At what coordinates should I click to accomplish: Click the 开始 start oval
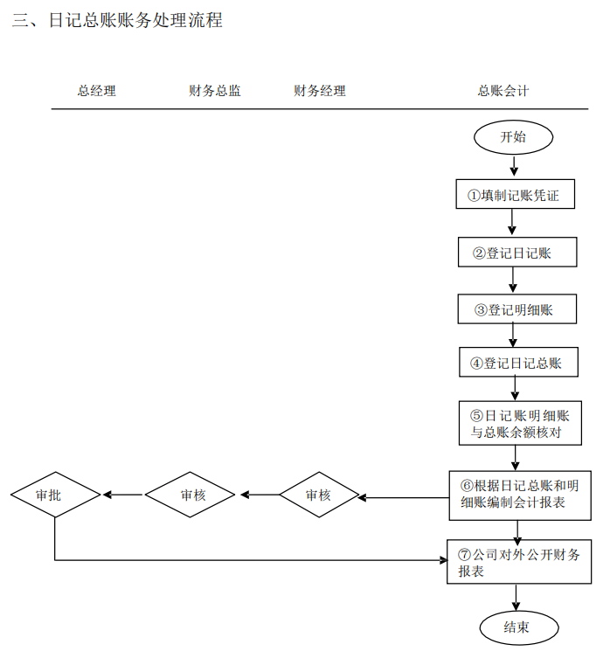click(x=513, y=137)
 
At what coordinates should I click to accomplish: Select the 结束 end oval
click(x=517, y=627)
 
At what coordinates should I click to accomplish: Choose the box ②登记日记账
click(x=517, y=253)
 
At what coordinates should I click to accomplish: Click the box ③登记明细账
click(x=517, y=309)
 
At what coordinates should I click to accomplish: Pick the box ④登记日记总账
click(x=519, y=363)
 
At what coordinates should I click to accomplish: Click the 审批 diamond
click(x=55, y=495)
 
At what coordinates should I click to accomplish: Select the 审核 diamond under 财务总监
click(x=191, y=495)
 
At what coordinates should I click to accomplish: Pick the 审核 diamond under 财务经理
click(x=319, y=495)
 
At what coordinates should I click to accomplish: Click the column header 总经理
click(x=96, y=90)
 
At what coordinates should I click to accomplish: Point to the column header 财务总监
click(x=215, y=90)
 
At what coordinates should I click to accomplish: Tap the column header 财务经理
click(x=319, y=90)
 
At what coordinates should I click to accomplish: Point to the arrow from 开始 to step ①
click(x=513, y=165)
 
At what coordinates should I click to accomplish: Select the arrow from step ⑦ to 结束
click(x=517, y=597)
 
